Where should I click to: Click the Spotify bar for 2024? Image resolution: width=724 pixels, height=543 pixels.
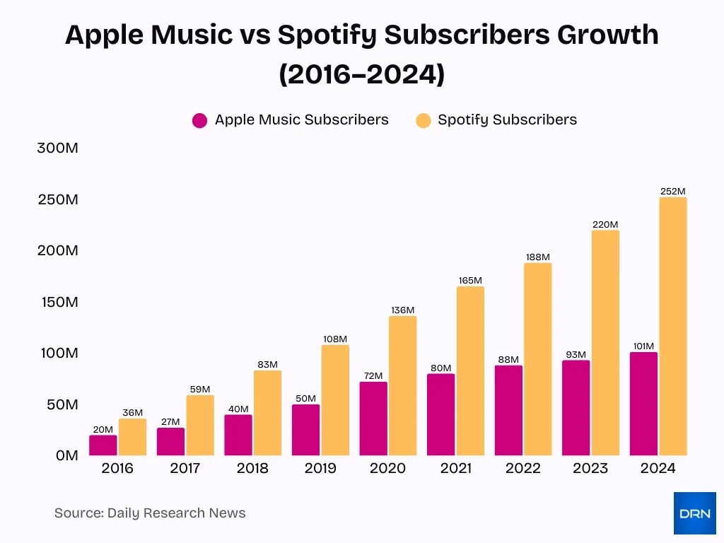pos(672,326)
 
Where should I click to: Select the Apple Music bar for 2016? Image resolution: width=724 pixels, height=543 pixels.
pos(103,445)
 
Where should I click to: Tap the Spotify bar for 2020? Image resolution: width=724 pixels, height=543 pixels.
pos(402,385)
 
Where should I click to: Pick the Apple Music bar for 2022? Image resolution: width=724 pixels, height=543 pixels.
pos(508,410)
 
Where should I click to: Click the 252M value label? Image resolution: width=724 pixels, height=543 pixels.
pos(672,191)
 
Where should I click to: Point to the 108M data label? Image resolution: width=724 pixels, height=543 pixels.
pos(334,339)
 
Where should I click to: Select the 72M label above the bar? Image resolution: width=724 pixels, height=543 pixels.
pos(373,375)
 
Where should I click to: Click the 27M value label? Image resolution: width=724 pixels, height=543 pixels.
pos(170,421)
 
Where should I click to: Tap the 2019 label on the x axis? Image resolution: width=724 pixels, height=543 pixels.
pos(320,468)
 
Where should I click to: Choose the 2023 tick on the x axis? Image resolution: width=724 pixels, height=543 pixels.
pos(590,468)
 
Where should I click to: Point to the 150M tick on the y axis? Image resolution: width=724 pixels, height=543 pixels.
pos(58,302)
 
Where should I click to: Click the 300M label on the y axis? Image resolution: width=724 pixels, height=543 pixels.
pos(58,148)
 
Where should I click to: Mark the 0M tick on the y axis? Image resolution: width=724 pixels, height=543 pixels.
pos(66,455)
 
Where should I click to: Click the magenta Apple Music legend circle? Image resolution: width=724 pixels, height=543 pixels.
pos(200,120)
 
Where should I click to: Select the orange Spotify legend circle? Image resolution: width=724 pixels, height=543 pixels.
pos(423,120)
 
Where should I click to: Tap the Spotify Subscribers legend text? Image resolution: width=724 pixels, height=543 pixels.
pos(507,119)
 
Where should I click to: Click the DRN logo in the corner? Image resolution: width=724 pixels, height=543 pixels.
pos(694,513)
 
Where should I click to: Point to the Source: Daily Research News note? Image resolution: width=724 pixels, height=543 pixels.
pos(150,513)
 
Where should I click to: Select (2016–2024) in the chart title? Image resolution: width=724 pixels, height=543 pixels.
pos(362,74)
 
